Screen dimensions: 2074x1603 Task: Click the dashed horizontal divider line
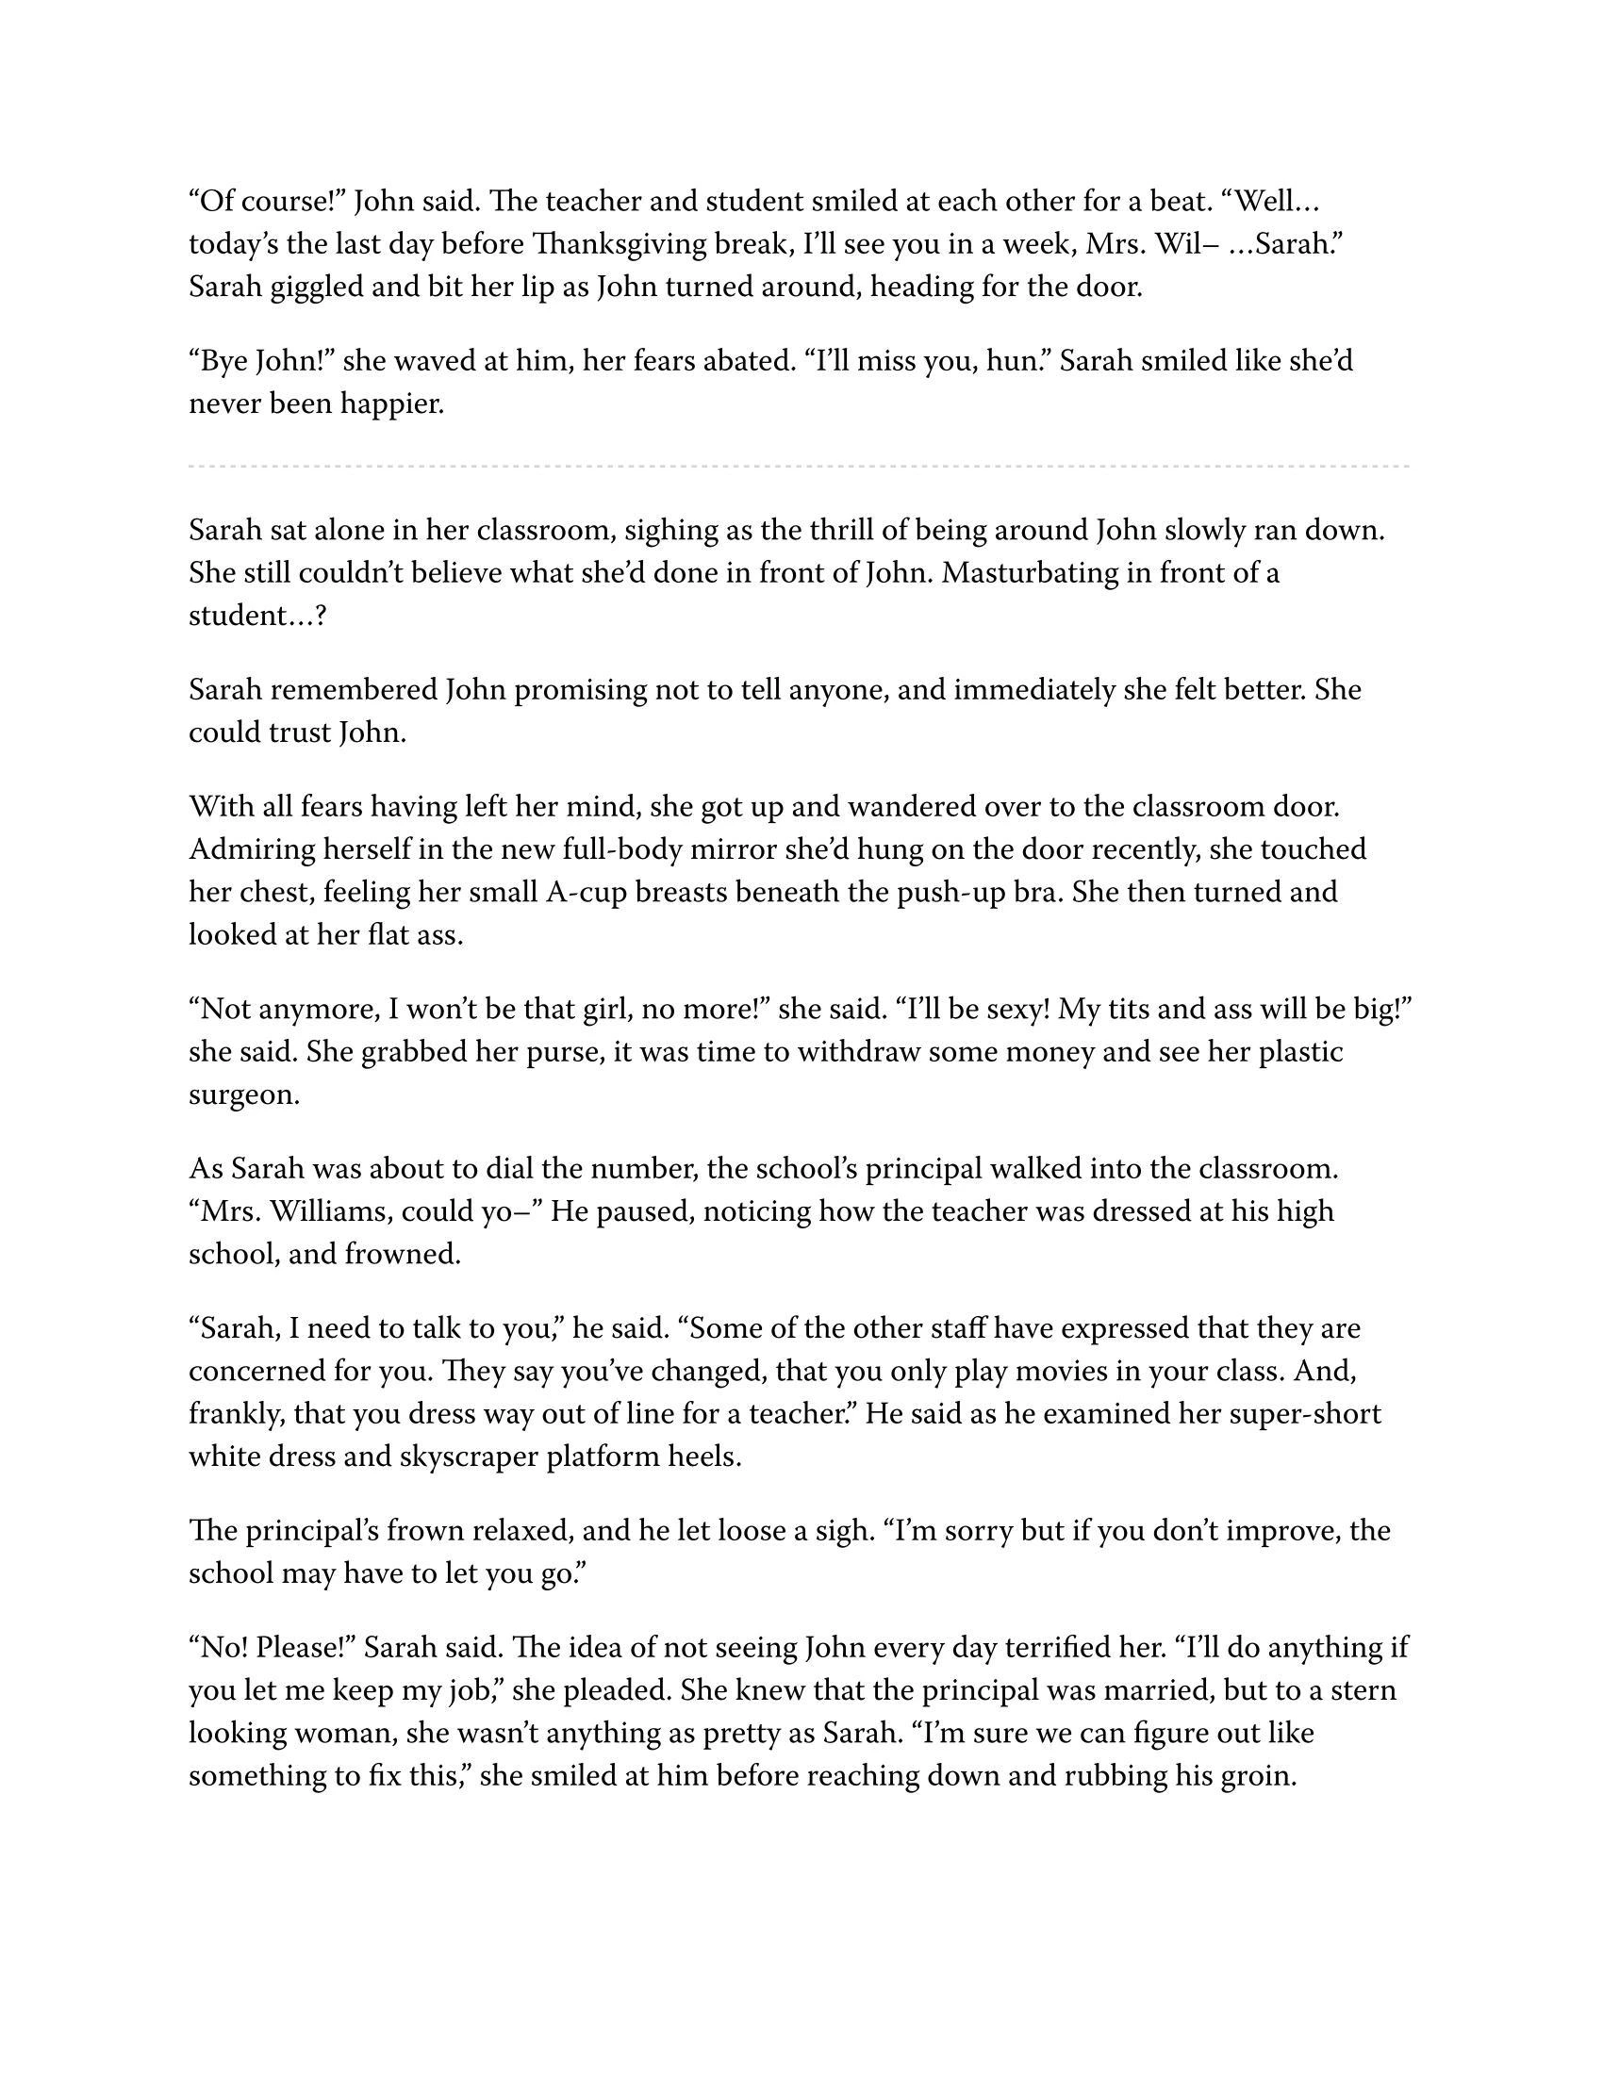coord(798,467)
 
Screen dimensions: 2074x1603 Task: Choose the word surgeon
coord(243,1095)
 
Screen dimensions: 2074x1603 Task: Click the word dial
coord(524,1169)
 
